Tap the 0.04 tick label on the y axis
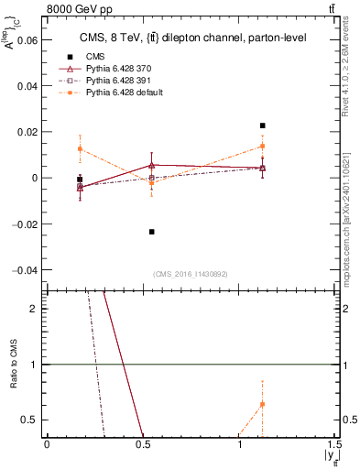click(x=27, y=86)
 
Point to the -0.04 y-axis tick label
click(x=25, y=270)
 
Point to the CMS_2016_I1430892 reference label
click(x=191, y=274)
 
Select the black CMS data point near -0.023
click(x=152, y=232)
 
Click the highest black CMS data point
click(x=262, y=125)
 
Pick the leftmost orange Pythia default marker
click(x=81, y=148)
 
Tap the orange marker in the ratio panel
click(x=262, y=404)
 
